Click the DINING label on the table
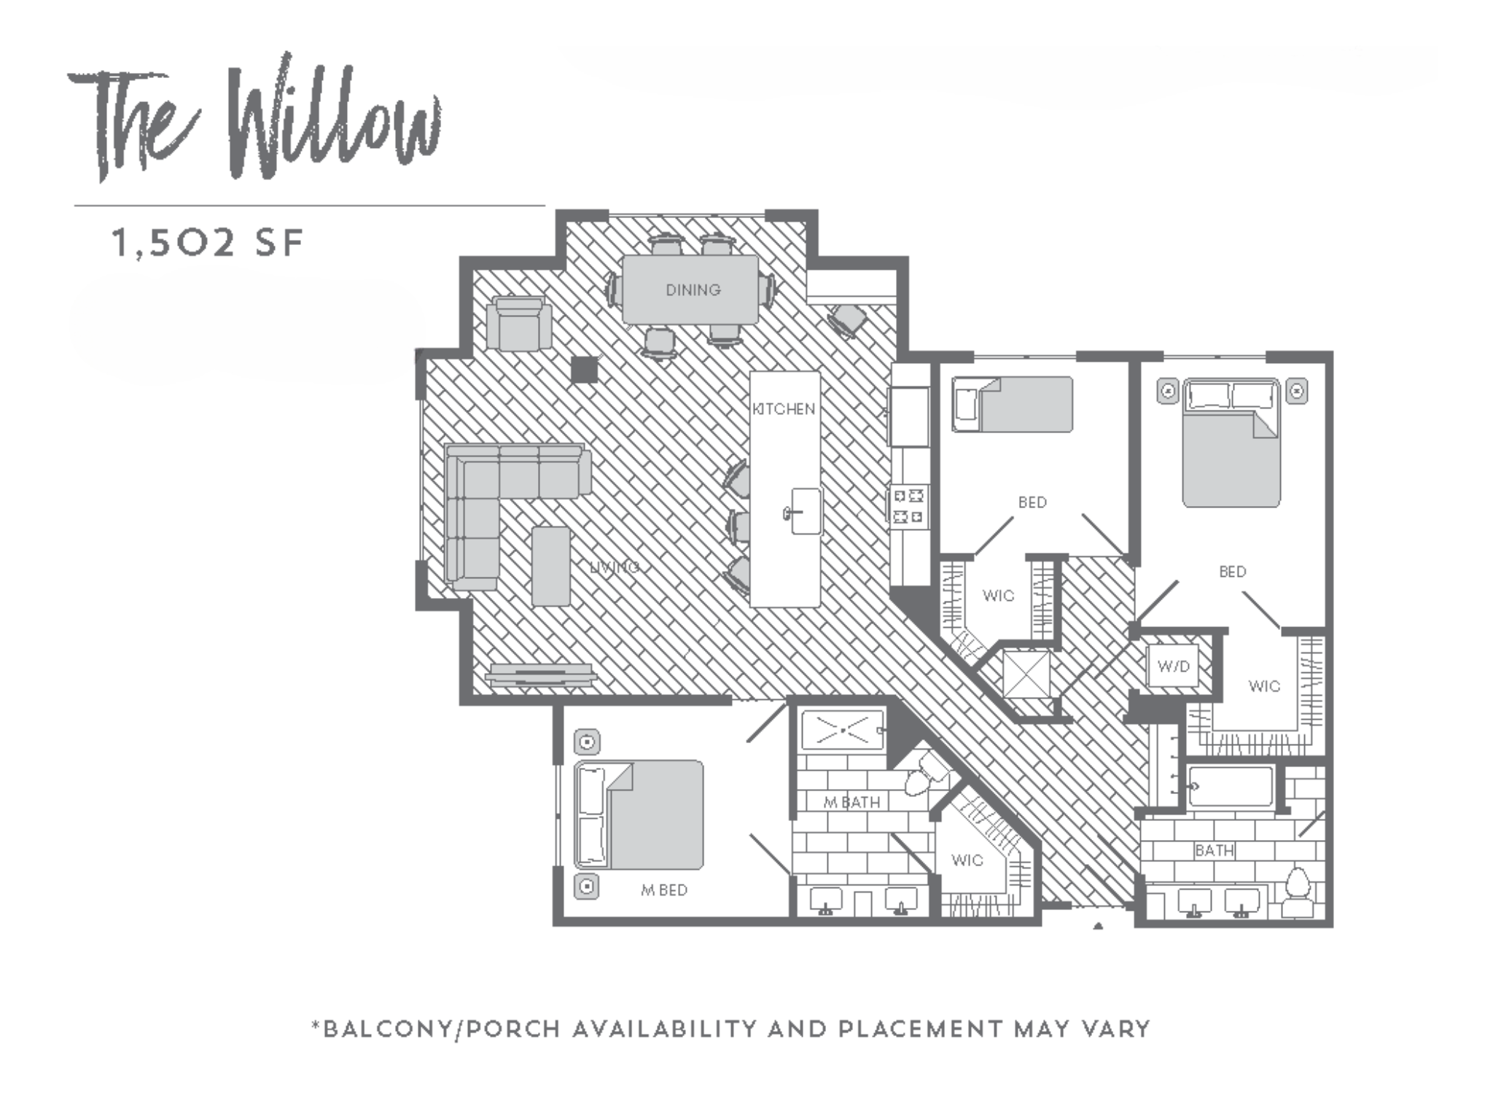tap(693, 290)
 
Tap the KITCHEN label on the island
tap(784, 409)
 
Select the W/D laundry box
tap(1173, 666)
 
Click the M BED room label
tap(664, 890)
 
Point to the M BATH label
tap(851, 802)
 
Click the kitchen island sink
tap(805, 511)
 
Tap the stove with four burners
tap(908, 507)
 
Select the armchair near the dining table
tap(518, 323)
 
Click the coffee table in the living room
tap(550, 566)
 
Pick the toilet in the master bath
tap(925, 772)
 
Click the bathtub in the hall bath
tap(1231, 787)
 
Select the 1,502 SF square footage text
tap(207, 244)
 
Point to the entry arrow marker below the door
tap(1098, 927)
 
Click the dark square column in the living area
tap(584, 370)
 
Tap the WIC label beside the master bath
tap(967, 860)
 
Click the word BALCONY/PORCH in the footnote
tap(441, 1030)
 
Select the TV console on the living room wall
tap(540, 674)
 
